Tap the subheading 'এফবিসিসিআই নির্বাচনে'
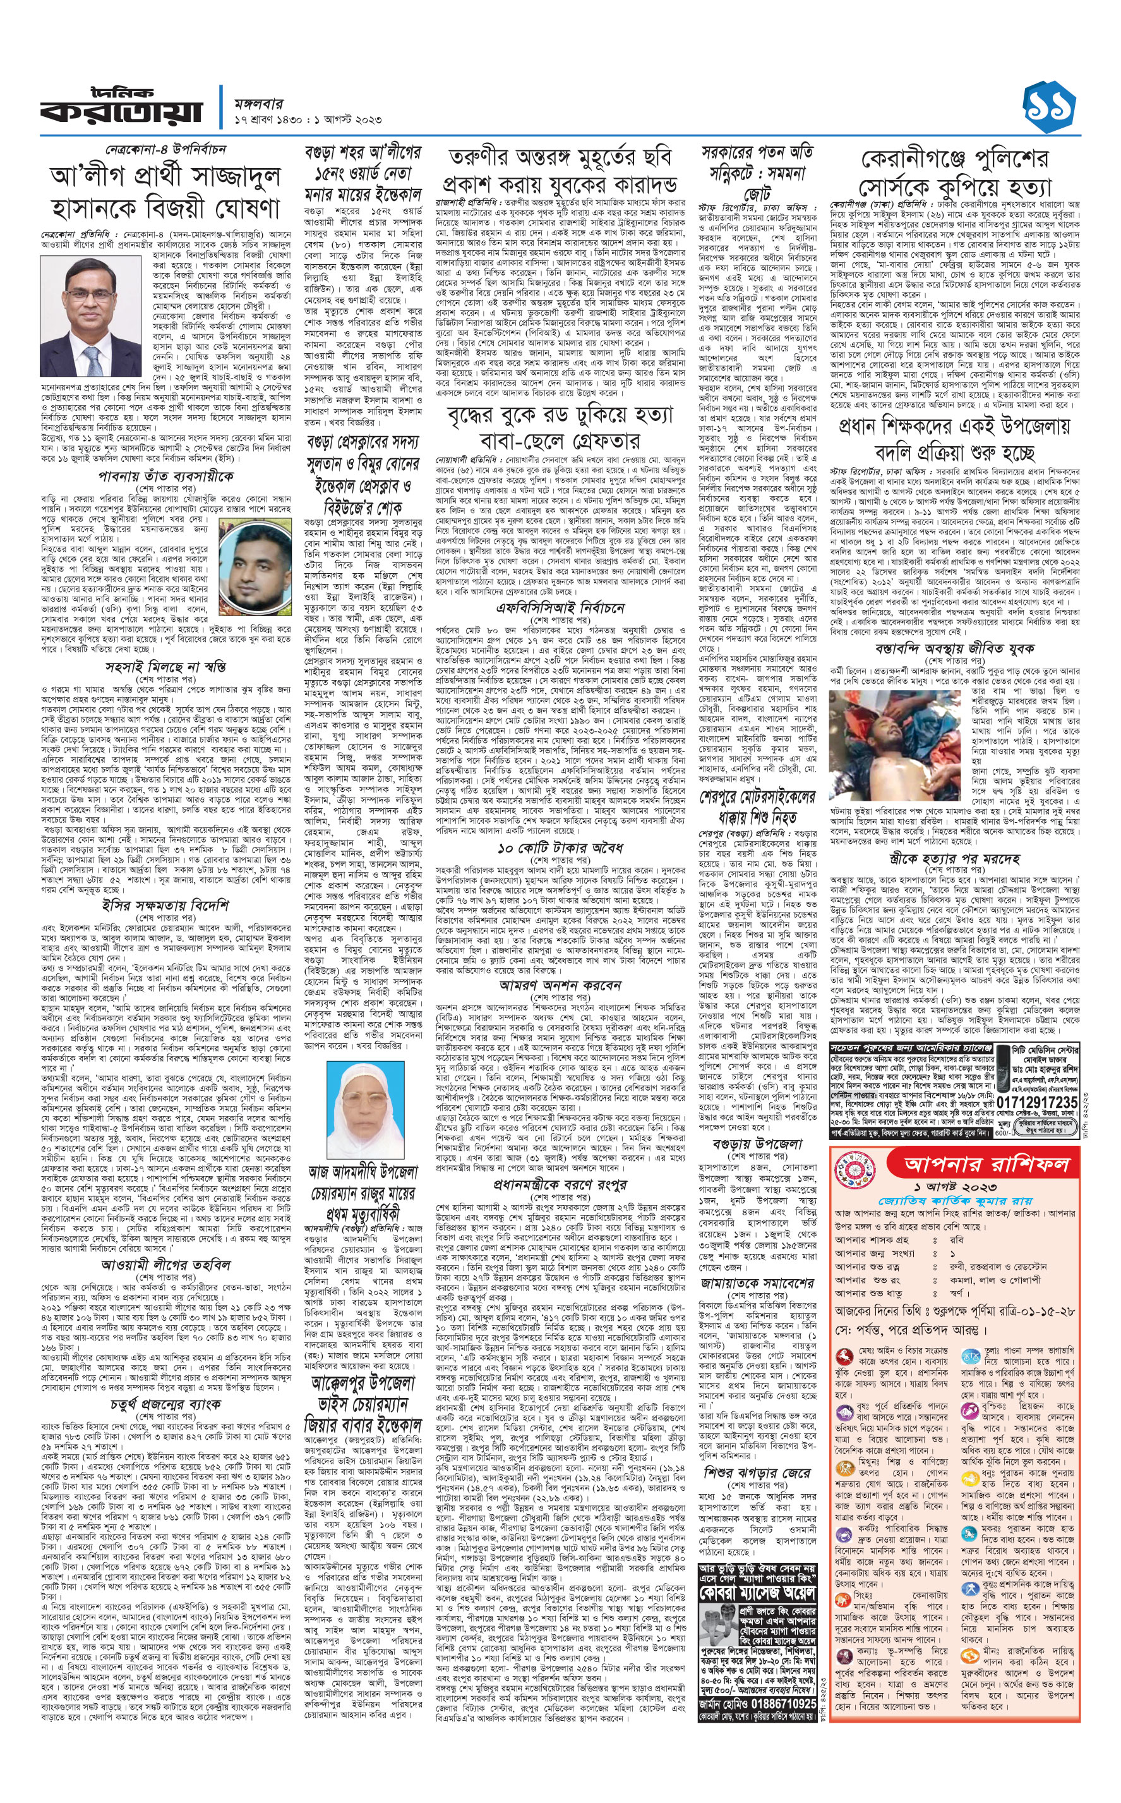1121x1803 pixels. tap(561, 608)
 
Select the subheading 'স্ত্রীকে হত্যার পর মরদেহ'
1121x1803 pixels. tap(954, 859)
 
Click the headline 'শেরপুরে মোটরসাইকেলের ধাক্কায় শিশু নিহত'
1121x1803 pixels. tap(757, 808)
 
